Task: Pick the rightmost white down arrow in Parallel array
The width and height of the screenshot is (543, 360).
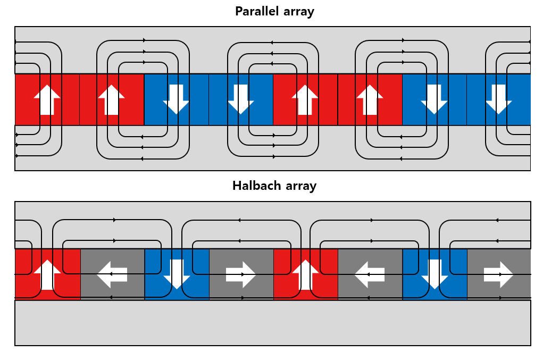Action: [x=498, y=99]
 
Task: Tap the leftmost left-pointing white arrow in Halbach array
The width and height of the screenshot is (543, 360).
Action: [x=112, y=274]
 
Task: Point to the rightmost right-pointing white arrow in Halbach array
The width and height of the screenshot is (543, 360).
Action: [x=498, y=274]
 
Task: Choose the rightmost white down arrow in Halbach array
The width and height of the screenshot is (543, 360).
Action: [x=435, y=274]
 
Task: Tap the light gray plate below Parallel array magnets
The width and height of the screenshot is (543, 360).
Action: [x=272, y=164]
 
